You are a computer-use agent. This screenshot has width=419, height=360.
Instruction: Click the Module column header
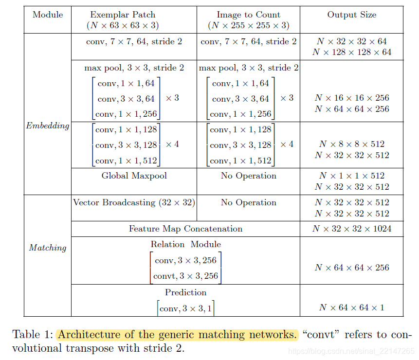coord(48,15)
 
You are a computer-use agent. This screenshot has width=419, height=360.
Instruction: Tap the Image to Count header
coord(248,15)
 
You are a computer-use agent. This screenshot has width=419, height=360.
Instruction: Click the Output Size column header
coord(351,15)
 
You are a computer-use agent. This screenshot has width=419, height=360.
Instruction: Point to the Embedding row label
coord(47,126)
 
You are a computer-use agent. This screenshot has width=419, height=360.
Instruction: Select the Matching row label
coord(47,248)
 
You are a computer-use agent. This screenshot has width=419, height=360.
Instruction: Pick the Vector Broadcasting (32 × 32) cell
coord(134,202)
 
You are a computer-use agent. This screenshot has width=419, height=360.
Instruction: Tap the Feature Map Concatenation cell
coord(185,229)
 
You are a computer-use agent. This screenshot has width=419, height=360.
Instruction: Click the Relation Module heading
coord(185,244)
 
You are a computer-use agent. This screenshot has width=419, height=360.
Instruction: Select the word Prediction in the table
coord(185,292)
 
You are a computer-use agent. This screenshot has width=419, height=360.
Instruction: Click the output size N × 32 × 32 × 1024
coord(351,229)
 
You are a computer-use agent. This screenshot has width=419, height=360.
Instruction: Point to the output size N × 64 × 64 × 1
coord(351,307)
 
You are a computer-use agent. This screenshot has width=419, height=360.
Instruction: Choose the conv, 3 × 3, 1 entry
coord(185,308)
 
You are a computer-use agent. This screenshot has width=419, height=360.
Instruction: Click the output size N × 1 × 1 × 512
coord(351,176)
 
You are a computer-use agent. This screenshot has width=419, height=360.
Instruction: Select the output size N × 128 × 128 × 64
coord(351,52)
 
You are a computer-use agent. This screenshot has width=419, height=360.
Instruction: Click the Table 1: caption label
coord(32,335)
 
